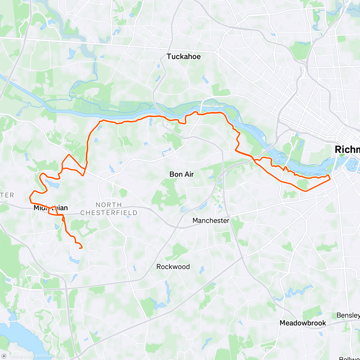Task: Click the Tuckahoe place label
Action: click(x=183, y=56)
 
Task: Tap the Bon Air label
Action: click(x=181, y=174)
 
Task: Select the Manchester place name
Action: click(x=211, y=220)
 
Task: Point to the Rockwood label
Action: click(x=173, y=267)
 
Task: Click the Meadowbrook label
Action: click(x=303, y=323)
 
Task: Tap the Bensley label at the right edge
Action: click(x=348, y=315)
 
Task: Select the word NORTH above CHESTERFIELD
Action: click(x=109, y=205)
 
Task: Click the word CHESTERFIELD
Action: click(x=109, y=213)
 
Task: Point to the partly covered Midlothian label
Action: click(x=50, y=208)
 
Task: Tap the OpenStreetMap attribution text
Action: click(x=48, y=356)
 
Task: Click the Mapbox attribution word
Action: click(x=21, y=356)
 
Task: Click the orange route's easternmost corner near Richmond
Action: click(x=330, y=179)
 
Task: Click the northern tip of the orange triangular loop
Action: click(x=69, y=155)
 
